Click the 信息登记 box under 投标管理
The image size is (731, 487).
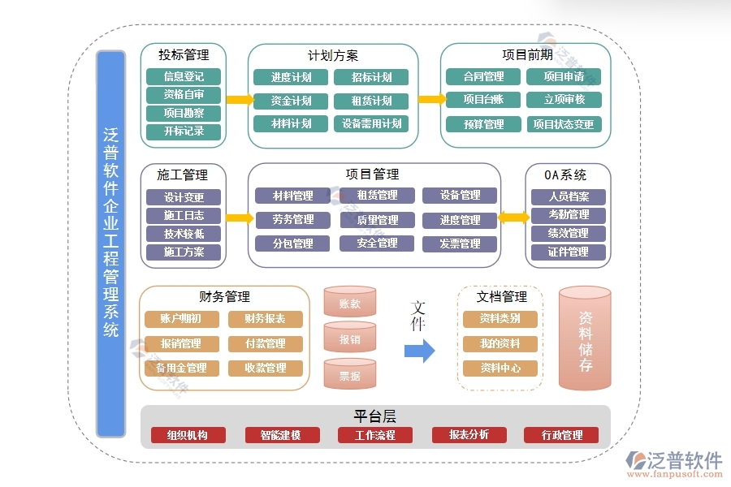click(x=184, y=76)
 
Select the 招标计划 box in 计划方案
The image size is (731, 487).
click(x=371, y=77)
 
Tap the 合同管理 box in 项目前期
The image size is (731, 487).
click(x=483, y=76)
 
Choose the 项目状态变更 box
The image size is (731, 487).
click(x=563, y=124)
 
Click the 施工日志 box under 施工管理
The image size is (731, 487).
click(x=184, y=215)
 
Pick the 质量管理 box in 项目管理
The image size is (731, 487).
click(x=377, y=219)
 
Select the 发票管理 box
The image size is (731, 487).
click(x=460, y=243)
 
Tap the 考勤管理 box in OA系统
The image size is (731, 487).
click(x=569, y=214)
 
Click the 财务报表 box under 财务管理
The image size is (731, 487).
click(x=265, y=319)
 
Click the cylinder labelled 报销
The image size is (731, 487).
click(x=349, y=338)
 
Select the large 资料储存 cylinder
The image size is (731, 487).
click(x=585, y=341)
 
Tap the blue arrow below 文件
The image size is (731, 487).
click(x=419, y=351)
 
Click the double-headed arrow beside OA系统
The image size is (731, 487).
click(x=513, y=217)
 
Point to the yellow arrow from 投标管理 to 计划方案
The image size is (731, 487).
click(x=238, y=100)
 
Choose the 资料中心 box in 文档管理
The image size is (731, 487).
click(x=500, y=368)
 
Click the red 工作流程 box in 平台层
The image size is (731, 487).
click(x=374, y=435)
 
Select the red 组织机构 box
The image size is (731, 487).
click(x=187, y=435)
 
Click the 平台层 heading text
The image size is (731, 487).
click(x=374, y=416)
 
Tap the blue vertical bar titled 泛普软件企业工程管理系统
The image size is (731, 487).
click(x=110, y=243)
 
